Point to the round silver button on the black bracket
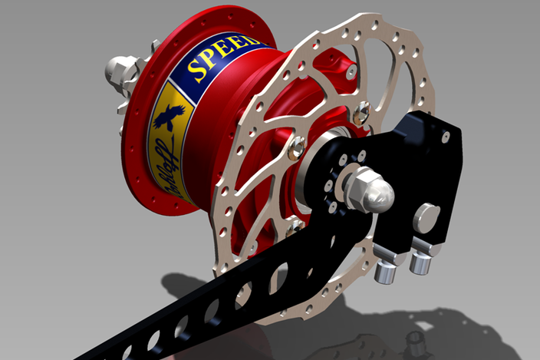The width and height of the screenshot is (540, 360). pos(426,216)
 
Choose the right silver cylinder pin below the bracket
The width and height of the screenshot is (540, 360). pos(420,263)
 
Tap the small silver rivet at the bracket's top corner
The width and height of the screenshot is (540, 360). pos(446,137)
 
